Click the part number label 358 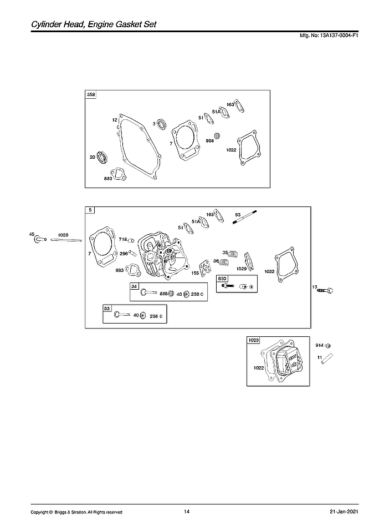(91, 95)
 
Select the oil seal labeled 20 (103, 157)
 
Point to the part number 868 (210, 141)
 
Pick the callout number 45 (32, 234)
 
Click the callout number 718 (122, 239)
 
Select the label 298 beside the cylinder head (124, 253)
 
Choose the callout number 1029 (242, 269)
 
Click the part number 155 (196, 272)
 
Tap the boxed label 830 (222, 279)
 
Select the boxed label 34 (135, 286)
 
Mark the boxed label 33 (107, 308)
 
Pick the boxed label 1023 (253, 340)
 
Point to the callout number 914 (320, 346)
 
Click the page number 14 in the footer (187, 511)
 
